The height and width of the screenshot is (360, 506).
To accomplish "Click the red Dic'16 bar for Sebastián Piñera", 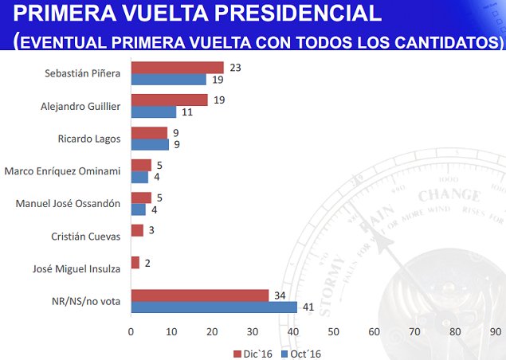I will point(177,68).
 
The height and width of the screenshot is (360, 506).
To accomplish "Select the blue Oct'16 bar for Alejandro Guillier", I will point(153,112).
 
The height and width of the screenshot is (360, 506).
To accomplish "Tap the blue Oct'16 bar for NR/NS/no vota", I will point(214,307).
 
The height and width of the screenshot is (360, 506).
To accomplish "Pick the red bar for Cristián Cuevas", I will point(137,230).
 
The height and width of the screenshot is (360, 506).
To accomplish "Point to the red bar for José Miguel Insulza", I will point(135,262).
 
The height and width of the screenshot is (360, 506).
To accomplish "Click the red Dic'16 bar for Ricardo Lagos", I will point(149,133).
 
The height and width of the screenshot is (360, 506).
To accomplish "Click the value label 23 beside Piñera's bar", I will point(235,68).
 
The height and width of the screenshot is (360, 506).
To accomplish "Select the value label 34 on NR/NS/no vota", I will point(280,295).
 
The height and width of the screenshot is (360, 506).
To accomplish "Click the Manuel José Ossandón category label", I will point(68,203).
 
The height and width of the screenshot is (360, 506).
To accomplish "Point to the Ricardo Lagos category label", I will point(90,138).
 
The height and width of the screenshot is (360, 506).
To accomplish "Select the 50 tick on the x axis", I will point(333,331).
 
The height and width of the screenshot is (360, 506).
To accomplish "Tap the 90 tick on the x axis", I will point(495,331).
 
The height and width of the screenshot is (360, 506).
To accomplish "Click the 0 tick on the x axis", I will point(131,331).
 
